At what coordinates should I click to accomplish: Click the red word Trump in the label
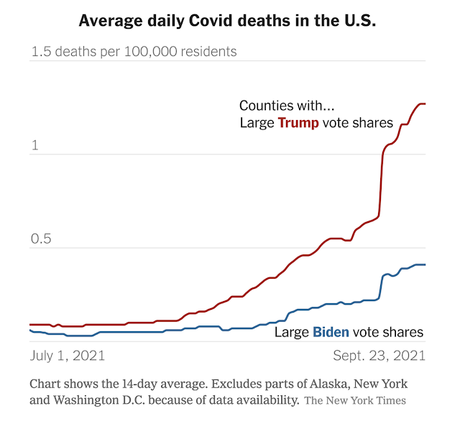coord(298,123)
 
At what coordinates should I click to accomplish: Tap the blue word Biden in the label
coord(331,332)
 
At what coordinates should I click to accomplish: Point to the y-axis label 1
coord(34,145)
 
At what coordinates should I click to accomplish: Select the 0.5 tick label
coord(42,239)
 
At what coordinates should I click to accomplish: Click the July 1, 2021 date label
coord(68,356)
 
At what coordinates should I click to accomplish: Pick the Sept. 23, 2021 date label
coord(379,356)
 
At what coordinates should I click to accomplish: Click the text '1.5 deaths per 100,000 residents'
coord(133,52)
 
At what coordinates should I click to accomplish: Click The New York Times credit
coord(355,400)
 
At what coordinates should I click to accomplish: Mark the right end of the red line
coord(425,104)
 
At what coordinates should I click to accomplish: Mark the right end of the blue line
coord(425,264)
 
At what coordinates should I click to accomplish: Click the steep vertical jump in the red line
coord(381,180)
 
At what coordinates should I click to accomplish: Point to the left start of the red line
coord(31,325)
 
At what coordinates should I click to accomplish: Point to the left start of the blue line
coord(31,330)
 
